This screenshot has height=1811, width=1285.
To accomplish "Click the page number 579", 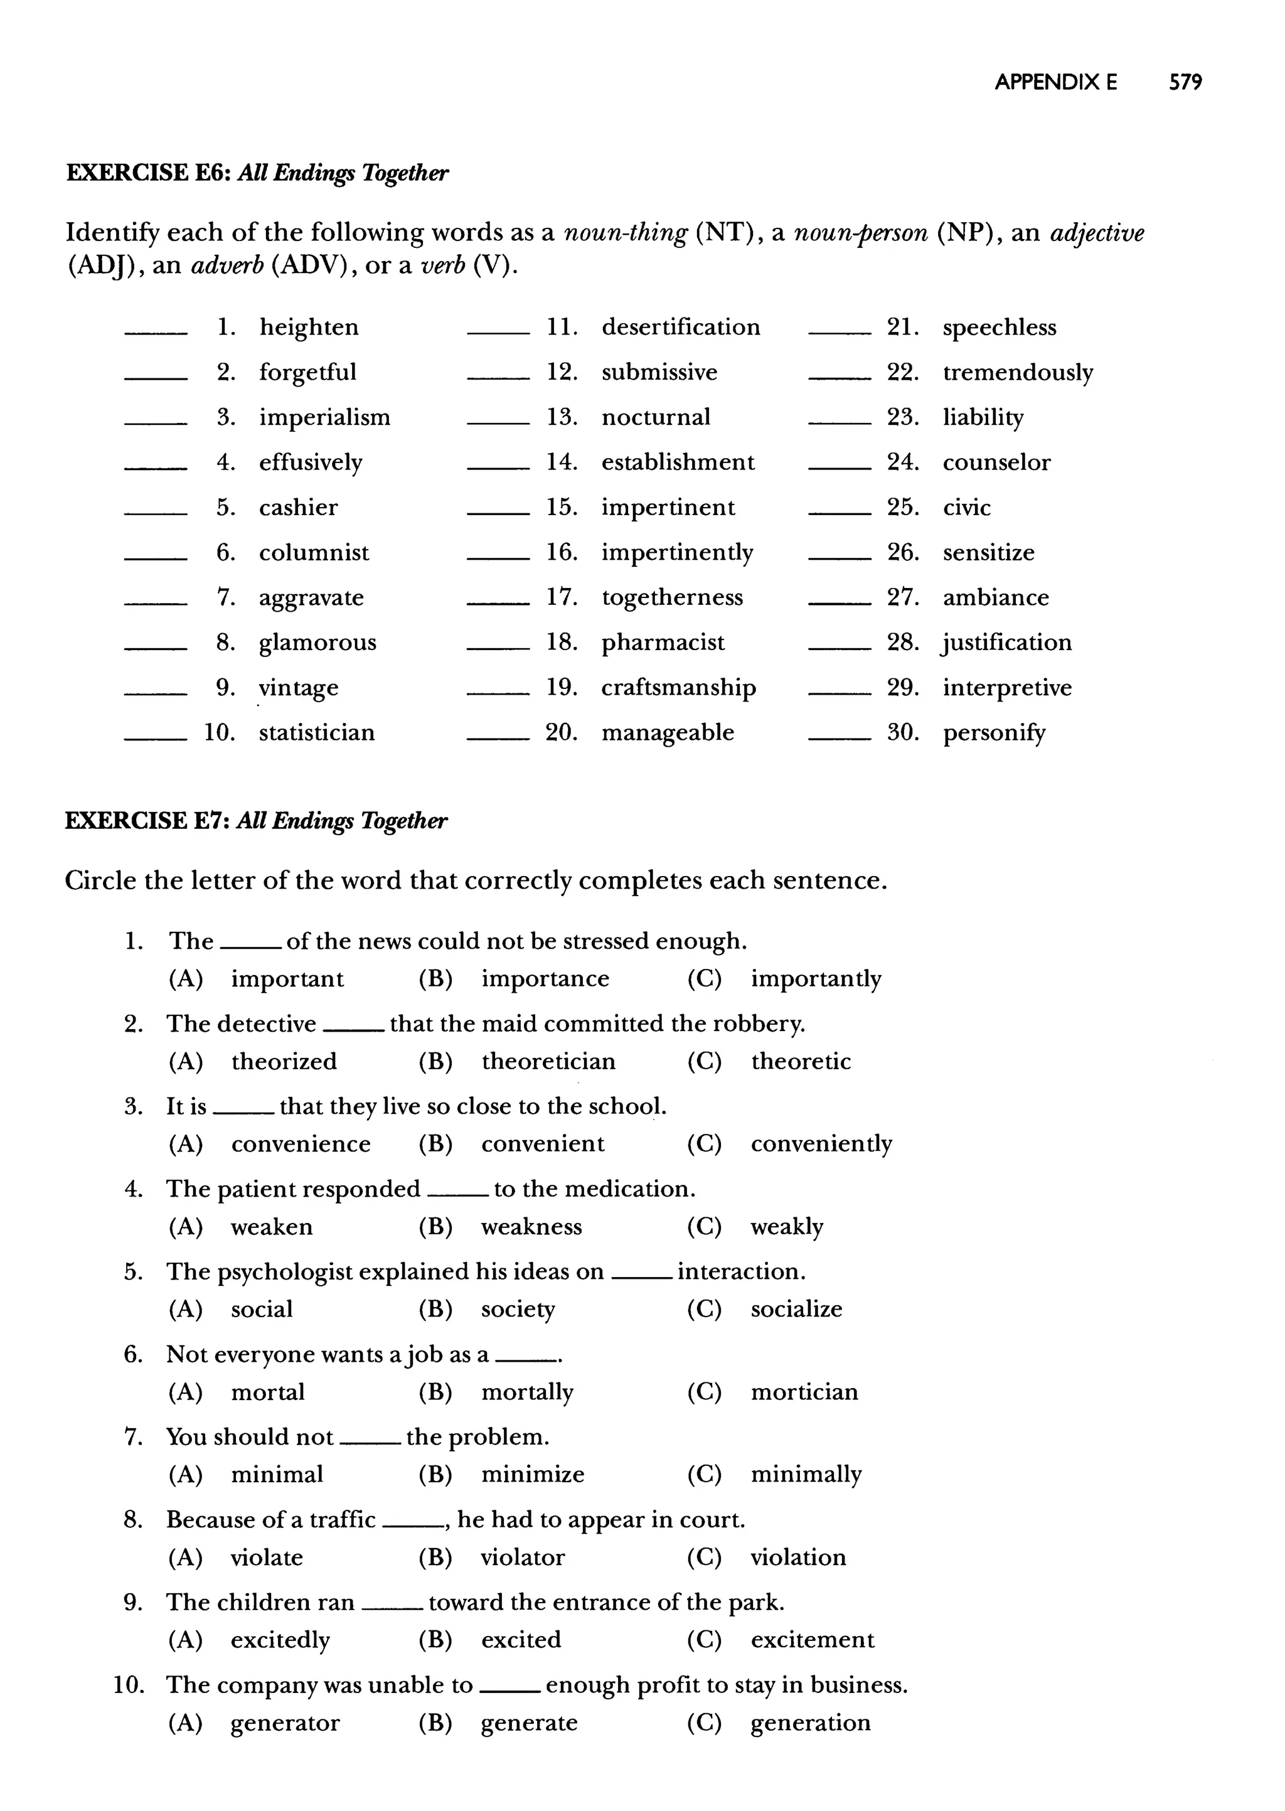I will pos(1185,82).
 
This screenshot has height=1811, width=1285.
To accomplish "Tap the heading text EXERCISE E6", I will pos(147,173).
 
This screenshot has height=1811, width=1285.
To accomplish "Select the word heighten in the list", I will pos(309,328).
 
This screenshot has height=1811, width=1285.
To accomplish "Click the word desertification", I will pos(681,328).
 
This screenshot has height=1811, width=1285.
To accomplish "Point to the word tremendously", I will pos(1018,373).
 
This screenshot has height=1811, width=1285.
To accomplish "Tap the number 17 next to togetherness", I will pos(561,597).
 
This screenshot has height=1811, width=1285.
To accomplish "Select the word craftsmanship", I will pos(678,688).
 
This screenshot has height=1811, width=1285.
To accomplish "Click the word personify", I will pos(994,734).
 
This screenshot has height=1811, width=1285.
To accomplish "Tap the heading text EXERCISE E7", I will pos(147,820).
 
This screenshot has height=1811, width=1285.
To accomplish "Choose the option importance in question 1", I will pos(545,979).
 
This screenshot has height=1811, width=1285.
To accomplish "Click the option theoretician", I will pos(548,1061).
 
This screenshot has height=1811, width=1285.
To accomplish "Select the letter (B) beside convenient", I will pos(435,1144).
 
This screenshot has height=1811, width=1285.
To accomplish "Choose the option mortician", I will pos(804,1392).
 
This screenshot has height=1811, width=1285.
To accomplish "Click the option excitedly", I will pos(280,1640).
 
